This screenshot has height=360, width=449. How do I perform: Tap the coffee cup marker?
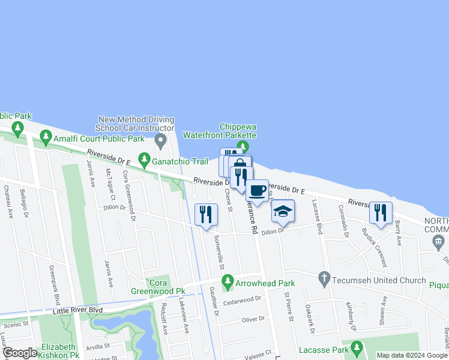click(x=257, y=191)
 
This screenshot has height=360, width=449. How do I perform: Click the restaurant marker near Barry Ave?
click(x=381, y=212)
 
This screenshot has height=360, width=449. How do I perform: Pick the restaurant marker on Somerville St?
click(x=206, y=214)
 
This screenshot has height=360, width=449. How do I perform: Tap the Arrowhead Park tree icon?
click(x=228, y=281)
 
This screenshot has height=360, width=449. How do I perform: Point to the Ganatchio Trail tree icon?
click(x=144, y=160)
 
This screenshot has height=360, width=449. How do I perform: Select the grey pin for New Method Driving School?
click(x=160, y=141)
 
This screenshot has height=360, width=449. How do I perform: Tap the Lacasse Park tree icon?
click(x=357, y=348)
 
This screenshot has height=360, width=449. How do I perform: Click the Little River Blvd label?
click(x=69, y=310)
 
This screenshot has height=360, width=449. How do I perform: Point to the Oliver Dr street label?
click(x=253, y=320)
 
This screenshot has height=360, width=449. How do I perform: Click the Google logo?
click(x=20, y=353)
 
